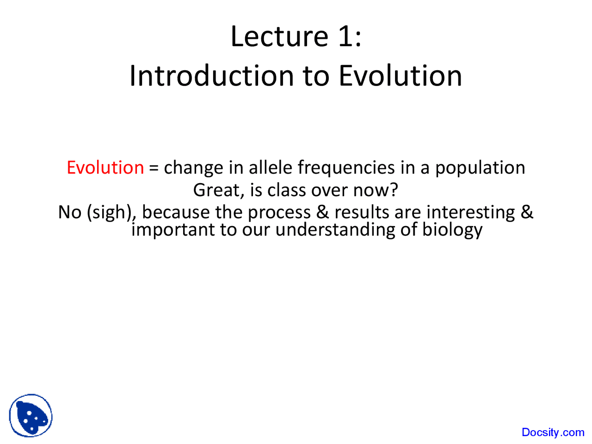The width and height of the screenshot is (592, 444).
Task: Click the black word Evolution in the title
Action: point(400,76)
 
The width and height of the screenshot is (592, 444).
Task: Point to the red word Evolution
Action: point(105,167)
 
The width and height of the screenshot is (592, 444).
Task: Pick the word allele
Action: point(271,167)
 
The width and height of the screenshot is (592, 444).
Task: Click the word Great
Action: point(216,190)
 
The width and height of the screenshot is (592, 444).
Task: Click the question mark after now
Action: point(394,190)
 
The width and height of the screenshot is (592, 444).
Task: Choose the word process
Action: point(279,213)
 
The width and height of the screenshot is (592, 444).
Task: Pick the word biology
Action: point(452,230)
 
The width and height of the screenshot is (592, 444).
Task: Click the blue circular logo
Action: point(31,416)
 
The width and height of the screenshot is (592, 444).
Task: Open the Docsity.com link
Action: point(553,432)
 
